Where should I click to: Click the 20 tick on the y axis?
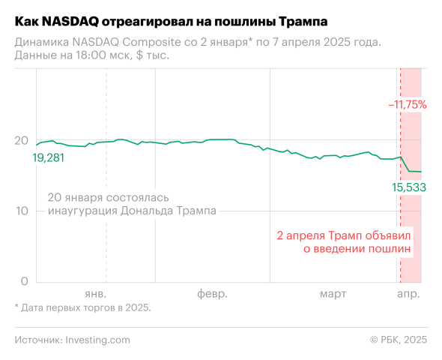pos(22,140)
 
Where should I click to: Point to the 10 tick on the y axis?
pos(22,211)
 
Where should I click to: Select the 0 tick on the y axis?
pos(24,281)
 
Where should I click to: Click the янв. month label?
pos(95,292)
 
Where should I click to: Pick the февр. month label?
pos(212,292)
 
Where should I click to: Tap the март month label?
pos(333,292)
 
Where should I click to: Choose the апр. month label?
pos(408,292)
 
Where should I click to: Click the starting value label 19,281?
pos(49,158)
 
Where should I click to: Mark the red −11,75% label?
pos(407,105)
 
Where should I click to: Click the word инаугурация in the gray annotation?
pos(80,211)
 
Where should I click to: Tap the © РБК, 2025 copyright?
pos(398,340)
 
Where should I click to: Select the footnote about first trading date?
pos(82,307)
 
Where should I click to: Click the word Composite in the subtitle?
pos(151,41)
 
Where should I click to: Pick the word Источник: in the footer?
pos(37,340)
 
